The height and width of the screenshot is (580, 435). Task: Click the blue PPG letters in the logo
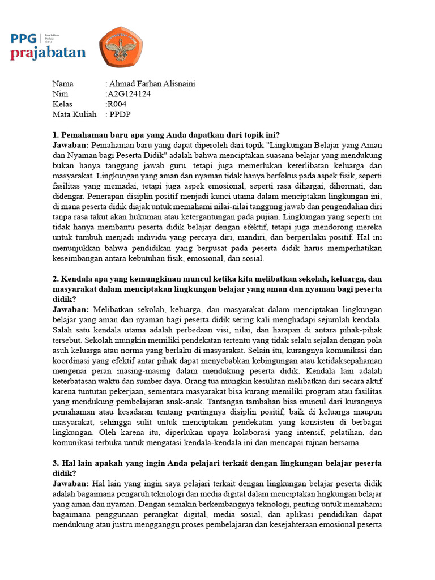pyautogui.click(x=24, y=39)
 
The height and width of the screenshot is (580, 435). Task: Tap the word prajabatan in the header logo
pyautogui.click(x=48, y=54)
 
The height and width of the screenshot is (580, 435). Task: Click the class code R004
pyautogui.click(x=117, y=104)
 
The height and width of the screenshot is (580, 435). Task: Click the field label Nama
pyautogui.click(x=63, y=84)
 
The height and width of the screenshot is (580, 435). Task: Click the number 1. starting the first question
pyautogui.click(x=56, y=135)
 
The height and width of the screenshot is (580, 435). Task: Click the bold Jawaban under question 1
pyautogui.click(x=71, y=145)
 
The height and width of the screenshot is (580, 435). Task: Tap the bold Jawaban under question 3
pyautogui.click(x=71, y=484)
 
